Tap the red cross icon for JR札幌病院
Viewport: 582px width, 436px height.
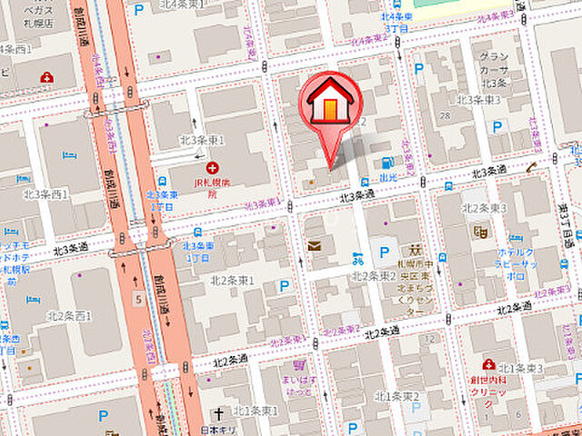212,168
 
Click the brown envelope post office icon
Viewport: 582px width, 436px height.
315,245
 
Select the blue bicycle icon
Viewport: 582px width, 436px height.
359,260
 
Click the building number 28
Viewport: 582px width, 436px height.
445,115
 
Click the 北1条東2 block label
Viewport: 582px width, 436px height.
397,396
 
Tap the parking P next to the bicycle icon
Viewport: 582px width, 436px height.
385,253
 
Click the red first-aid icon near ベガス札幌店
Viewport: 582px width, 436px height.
46,77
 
